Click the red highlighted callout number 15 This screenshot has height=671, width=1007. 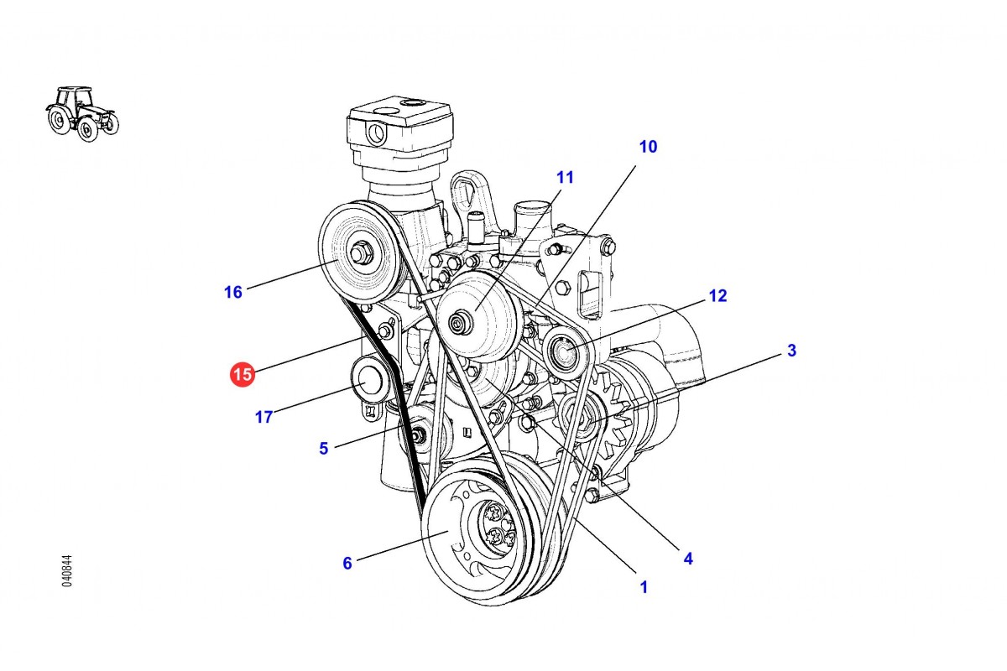pos(243,374)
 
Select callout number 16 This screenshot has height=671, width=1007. pos(232,292)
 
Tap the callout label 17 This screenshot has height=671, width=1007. pos(263,417)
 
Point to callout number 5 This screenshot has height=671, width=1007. pos(324,449)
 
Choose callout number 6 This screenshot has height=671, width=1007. pos(347,564)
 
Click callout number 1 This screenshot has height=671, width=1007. pos(644,587)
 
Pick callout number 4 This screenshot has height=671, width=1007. pos(688,558)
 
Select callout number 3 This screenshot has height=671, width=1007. pos(790,350)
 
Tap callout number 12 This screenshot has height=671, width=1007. pos(717,295)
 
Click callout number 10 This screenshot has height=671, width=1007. pos(648,147)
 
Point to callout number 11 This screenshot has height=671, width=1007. pos(565,177)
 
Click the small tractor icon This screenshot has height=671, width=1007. pos(81,112)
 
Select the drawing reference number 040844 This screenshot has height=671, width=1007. pos(67,570)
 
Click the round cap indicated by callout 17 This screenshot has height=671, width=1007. pos(367,381)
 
